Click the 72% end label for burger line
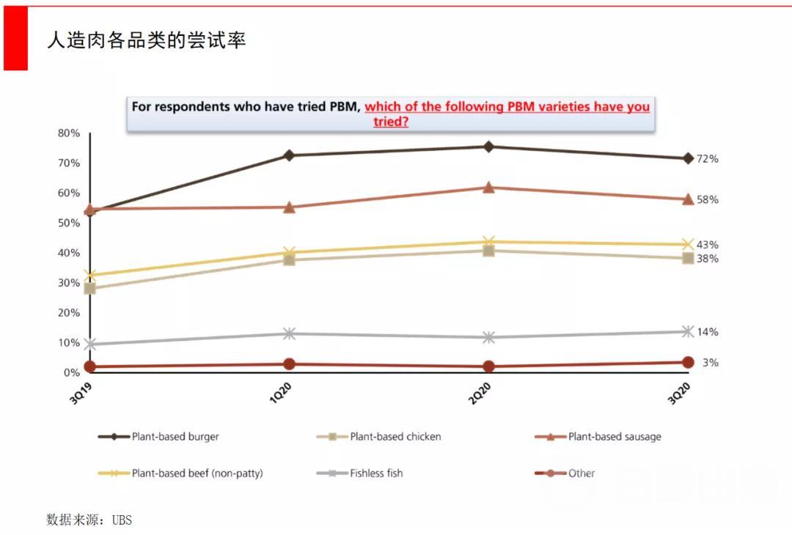click(707, 159)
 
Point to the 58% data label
click(707, 200)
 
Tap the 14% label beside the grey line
click(707, 332)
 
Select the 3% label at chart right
click(710, 363)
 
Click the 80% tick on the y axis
click(68, 133)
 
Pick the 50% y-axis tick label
click(68, 223)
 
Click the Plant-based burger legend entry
click(175, 437)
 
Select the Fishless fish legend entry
click(376, 473)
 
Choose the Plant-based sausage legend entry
click(614, 437)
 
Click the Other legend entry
click(581, 473)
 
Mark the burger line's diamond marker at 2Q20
click(488, 147)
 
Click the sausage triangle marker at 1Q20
click(289, 207)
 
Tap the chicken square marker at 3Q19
click(90, 289)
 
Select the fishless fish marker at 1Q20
click(289, 333)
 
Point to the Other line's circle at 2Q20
click(488, 366)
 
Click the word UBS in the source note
click(122, 520)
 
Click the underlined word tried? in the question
click(391, 122)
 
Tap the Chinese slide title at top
click(147, 40)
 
